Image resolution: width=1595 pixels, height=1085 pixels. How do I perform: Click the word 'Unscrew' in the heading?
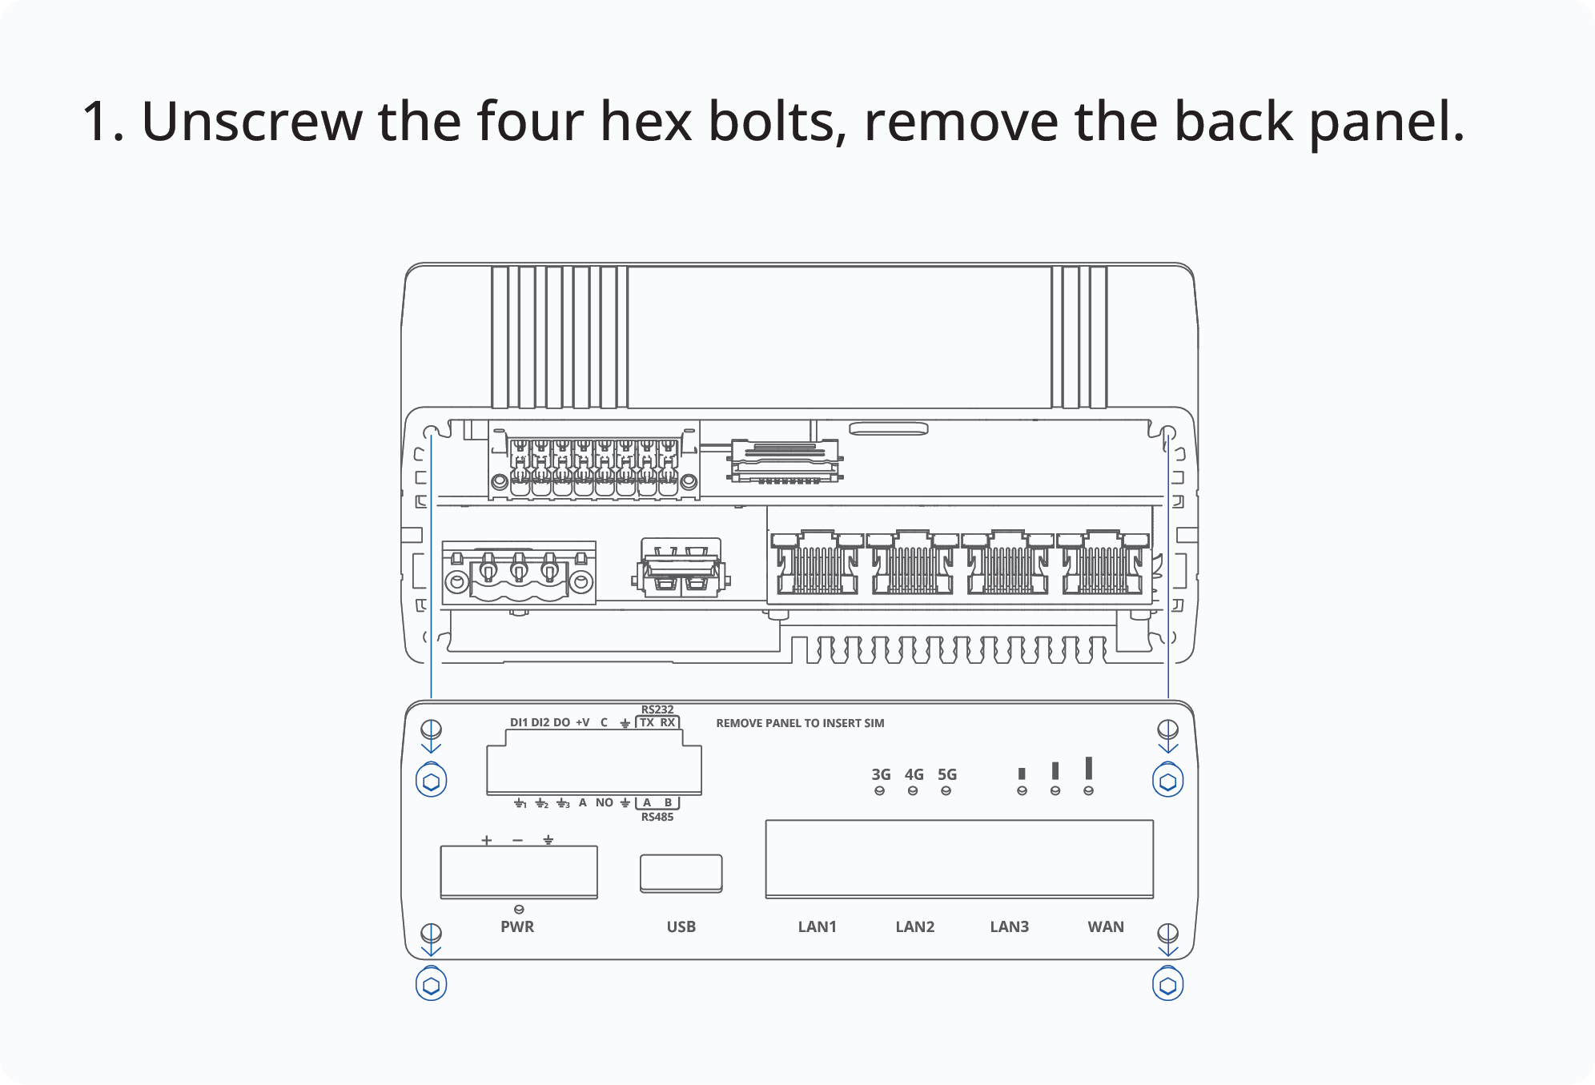pyautogui.click(x=251, y=122)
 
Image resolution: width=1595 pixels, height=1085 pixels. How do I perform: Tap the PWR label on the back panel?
pyautogui.click(x=517, y=926)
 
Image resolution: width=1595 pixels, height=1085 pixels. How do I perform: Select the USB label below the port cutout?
pyautogui.click(x=681, y=926)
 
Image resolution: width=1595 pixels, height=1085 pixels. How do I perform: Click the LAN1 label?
pyautogui.click(x=817, y=926)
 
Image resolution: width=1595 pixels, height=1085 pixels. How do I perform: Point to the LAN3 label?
pyautogui.click(x=1009, y=926)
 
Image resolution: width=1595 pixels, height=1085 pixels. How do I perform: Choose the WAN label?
pyautogui.click(x=1106, y=926)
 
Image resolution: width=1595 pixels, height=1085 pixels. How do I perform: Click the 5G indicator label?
pyautogui.click(x=947, y=774)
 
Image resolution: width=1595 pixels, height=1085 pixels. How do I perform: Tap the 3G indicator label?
pyautogui.click(x=881, y=774)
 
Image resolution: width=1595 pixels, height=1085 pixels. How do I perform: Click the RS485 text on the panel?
pyautogui.click(x=657, y=817)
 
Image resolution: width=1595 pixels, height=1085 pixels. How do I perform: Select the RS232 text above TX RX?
pyautogui.click(x=657, y=709)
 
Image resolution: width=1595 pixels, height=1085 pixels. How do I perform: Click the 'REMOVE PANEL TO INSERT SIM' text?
pyautogui.click(x=800, y=723)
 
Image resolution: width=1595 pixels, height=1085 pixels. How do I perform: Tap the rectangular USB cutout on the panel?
pyautogui.click(x=681, y=874)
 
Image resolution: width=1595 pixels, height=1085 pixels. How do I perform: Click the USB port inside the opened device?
pyautogui.click(x=681, y=568)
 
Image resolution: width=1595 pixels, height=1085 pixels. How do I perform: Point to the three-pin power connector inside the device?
pyautogui.click(x=519, y=573)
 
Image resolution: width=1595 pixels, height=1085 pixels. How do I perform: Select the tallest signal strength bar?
pyautogui.click(x=1088, y=768)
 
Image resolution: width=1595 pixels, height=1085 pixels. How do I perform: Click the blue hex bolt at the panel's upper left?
pyautogui.click(x=432, y=781)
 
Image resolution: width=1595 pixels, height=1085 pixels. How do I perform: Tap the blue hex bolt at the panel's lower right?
pyautogui.click(x=1168, y=984)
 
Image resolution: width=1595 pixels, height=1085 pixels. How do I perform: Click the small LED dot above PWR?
pyautogui.click(x=519, y=909)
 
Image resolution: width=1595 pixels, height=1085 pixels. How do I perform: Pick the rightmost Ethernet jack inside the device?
pyautogui.click(x=1103, y=561)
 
